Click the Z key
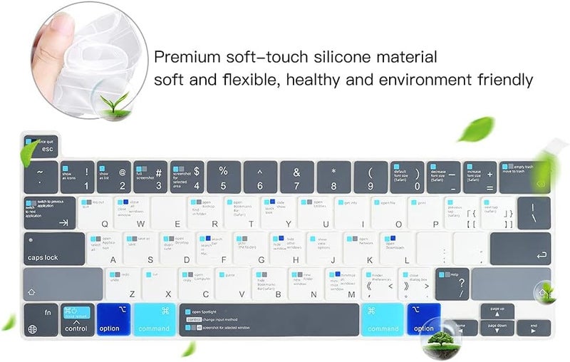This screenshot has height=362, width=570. pyautogui.click(x=123, y=284)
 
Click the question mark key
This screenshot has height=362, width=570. pyautogui.click(x=453, y=284)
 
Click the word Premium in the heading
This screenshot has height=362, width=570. pyautogui.click(x=187, y=56)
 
